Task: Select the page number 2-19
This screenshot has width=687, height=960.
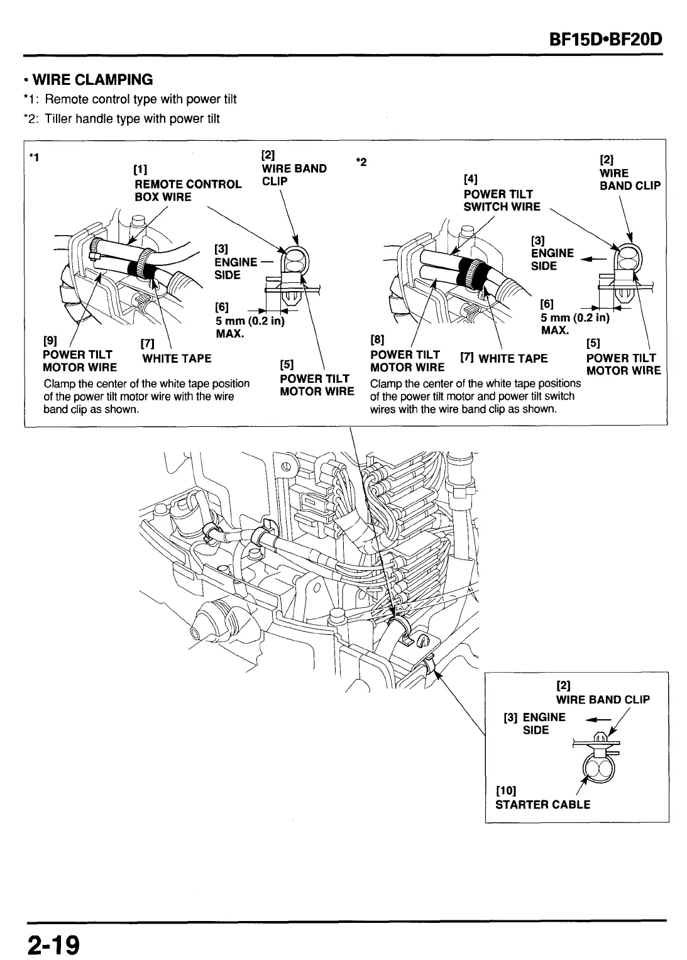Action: click(53, 945)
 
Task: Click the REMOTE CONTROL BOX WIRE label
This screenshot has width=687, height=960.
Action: click(188, 190)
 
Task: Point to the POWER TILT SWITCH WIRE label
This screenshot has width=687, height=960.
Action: click(502, 200)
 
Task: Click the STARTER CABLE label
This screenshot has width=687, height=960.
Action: click(542, 805)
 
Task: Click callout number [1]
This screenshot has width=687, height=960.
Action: click(141, 169)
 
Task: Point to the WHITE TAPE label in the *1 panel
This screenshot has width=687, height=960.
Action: click(177, 359)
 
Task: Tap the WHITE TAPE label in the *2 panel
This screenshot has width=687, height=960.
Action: click(512, 359)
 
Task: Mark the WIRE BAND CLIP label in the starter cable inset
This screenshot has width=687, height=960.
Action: click(602, 700)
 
